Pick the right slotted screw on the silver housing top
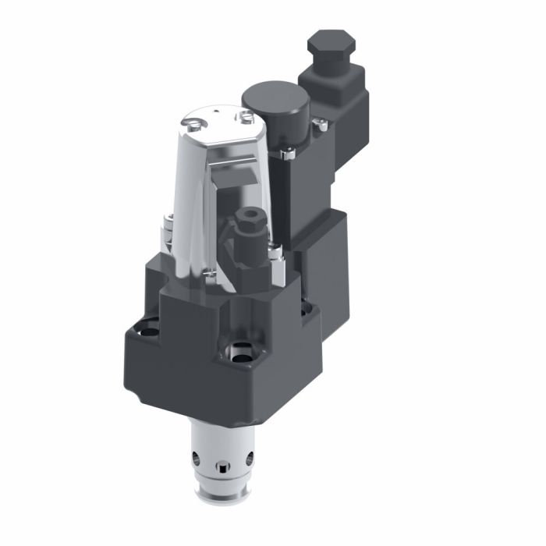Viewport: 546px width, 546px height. tap(246, 116)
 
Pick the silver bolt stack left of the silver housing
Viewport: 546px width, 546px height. tap(166, 234)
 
